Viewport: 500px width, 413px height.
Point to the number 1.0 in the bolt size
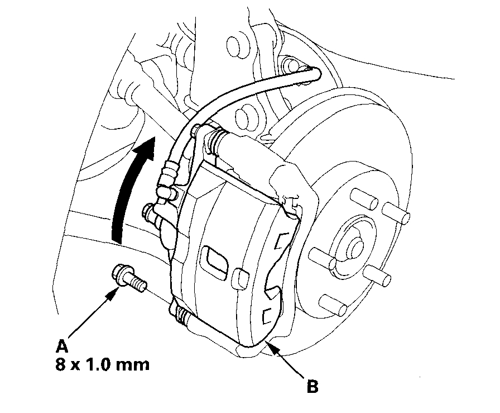(102, 365)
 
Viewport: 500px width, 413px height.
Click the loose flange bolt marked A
(129, 277)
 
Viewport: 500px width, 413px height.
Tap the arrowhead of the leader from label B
(268, 344)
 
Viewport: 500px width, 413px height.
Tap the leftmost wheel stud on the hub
(319, 257)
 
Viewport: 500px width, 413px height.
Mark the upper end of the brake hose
(314, 71)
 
